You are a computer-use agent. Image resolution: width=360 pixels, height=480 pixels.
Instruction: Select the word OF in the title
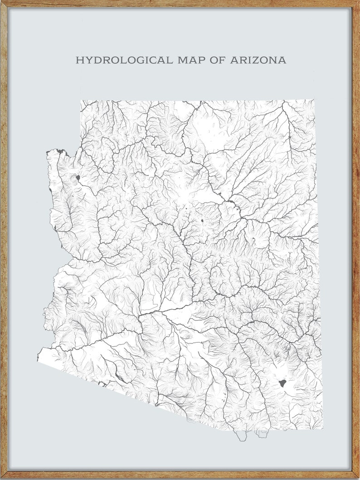tap(219, 60)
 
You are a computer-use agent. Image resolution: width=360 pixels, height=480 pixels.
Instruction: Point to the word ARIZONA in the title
tap(258, 60)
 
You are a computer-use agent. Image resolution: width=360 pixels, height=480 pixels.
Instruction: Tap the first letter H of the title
tap(79, 60)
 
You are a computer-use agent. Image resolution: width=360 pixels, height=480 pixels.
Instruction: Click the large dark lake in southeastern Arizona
tap(282, 383)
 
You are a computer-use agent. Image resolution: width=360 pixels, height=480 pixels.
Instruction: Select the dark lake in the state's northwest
tap(78, 178)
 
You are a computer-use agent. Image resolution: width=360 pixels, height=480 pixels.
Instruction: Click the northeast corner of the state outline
tap(315, 100)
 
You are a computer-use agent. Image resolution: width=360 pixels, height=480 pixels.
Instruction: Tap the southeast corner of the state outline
tap(322, 428)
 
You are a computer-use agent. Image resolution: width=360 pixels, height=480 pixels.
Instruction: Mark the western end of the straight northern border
tap(81, 101)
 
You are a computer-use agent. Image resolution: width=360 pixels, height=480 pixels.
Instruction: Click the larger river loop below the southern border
tap(242, 436)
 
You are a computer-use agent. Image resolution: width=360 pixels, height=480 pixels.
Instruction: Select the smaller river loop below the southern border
tap(262, 434)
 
